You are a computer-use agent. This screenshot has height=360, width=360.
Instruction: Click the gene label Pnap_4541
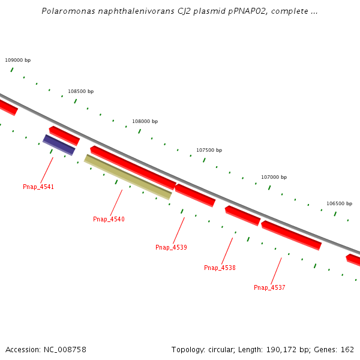click(38, 187)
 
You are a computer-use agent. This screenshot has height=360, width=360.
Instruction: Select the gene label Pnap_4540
click(109, 220)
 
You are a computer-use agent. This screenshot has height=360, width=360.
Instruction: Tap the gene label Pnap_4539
click(171, 248)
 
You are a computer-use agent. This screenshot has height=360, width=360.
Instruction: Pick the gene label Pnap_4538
click(220, 268)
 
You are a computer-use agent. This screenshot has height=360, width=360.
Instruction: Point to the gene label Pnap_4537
click(269, 288)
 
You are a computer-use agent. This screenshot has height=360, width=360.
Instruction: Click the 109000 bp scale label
click(17, 61)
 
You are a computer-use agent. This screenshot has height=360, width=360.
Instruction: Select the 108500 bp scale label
click(80, 92)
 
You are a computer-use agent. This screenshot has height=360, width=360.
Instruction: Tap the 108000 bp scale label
click(145, 122)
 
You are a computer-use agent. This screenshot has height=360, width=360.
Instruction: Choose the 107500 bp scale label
click(209, 151)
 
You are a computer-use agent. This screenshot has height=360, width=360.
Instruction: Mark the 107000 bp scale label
click(274, 178)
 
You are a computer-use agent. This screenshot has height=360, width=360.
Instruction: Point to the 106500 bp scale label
click(339, 204)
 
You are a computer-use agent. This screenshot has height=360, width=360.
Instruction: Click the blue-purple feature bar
click(59, 145)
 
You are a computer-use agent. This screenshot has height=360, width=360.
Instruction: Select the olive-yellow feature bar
click(128, 177)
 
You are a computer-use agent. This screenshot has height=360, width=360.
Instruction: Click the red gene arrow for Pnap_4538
click(242, 215)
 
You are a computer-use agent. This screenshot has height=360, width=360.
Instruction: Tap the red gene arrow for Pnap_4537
click(291, 235)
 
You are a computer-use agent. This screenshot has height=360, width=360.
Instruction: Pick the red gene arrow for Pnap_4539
click(194, 195)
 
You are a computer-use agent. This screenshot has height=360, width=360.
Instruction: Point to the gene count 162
click(347, 350)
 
